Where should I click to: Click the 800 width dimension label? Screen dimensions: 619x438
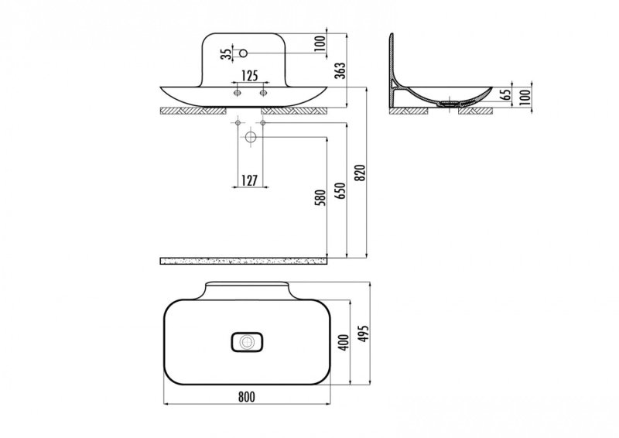tap(247, 396)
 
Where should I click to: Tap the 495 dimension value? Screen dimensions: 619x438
tap(364, 334)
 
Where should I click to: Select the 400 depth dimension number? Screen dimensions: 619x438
tap(344, 342)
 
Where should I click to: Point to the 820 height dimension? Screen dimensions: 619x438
tap(361, 173)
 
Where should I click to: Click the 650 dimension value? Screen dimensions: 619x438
tap(340, 190)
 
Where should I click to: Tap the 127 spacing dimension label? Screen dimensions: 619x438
tap(249, 180)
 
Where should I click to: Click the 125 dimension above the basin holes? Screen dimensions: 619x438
tap(249, 75)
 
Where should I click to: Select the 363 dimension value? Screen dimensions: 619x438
tap(340, 70)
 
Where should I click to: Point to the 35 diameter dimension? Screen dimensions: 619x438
tap(226, 53)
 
